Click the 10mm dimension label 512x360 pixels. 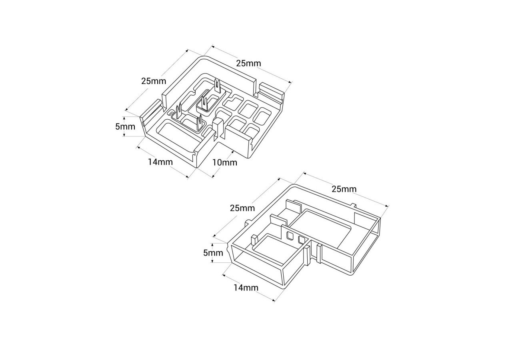click(x=225, y=162)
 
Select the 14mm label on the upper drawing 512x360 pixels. click(x=160, y=162)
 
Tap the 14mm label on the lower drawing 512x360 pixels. click(x=246, y=288)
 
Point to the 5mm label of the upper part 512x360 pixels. click(x=125, y=127)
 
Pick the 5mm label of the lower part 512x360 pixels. click(x=213, y=253)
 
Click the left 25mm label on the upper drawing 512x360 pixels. click(x=154, y=81)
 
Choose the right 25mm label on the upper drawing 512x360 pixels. click(x=248, y=63)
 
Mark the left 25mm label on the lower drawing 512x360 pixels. click(x=242, y=208)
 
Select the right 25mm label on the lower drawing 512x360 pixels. click(x=344, y=189)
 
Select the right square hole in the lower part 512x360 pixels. click(x=302, y=239)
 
